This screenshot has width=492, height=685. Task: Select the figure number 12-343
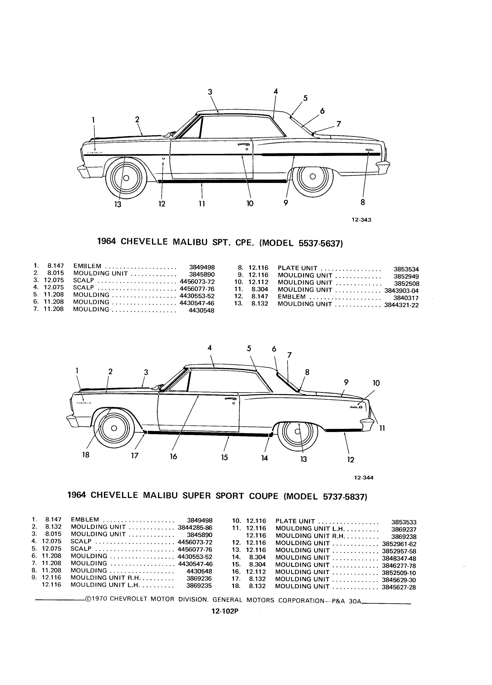click(361, 220)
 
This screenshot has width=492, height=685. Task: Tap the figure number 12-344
click(364, 478)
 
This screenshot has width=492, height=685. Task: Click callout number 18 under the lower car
click(86, 455)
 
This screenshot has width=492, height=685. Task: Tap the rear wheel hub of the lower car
click(298, 432)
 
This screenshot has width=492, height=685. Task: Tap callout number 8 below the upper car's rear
click(363, 202)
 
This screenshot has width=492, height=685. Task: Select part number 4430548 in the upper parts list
click(201, 310)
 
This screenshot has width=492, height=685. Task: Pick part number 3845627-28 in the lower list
click(399, 588)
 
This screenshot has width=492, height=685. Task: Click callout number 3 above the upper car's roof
click(210, 92)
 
